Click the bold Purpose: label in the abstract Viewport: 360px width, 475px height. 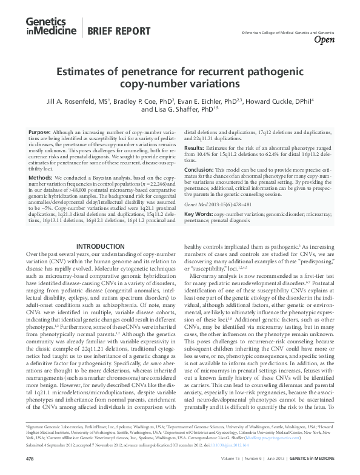[39, 132]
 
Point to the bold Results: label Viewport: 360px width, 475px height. [195, 147]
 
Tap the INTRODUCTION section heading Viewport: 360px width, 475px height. [102, 246]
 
